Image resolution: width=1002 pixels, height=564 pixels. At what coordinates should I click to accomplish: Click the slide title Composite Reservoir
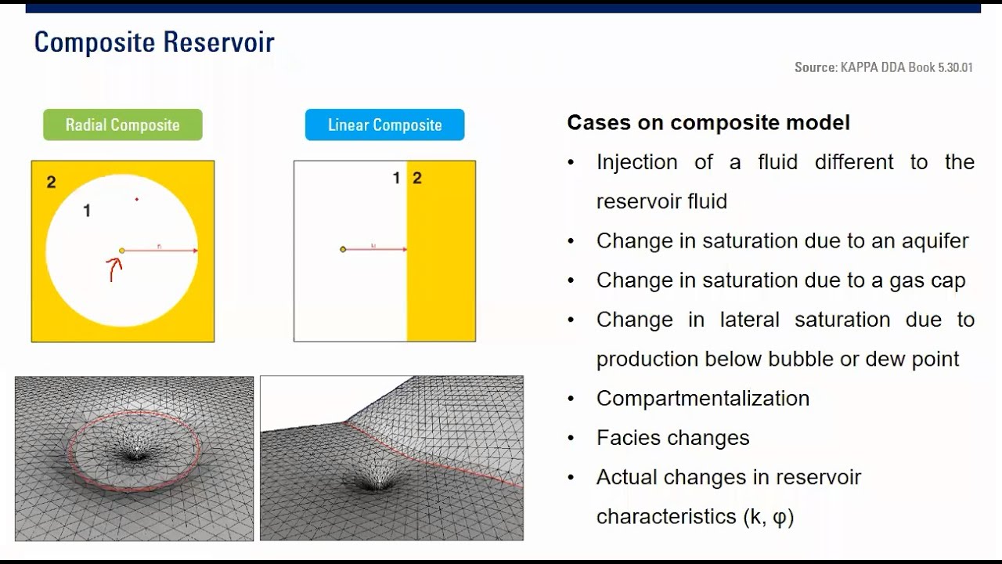click(154, 42)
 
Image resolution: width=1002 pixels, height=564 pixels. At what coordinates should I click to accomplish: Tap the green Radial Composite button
click(123, 125)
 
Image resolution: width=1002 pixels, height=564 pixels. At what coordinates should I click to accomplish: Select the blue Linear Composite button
click(384, 125)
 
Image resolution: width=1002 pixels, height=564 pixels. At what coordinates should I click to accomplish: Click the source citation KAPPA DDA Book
click(883, 67)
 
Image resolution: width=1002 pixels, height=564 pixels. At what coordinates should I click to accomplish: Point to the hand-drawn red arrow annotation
click(114, 269)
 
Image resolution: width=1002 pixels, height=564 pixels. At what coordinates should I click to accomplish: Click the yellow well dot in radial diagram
click(121, 251)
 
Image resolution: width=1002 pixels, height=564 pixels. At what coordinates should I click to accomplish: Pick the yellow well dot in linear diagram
click(343, 249)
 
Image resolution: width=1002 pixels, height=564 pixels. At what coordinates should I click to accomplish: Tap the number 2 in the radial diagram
click(51, 183)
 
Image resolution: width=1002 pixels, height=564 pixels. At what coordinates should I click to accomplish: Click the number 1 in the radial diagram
click(87, 210)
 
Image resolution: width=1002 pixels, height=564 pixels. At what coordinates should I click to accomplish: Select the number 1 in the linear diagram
click(396, 179)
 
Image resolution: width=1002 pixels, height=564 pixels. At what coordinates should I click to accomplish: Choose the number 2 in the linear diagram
click(417, 179)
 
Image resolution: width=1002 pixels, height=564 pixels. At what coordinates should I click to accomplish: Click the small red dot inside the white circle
click(136, 199)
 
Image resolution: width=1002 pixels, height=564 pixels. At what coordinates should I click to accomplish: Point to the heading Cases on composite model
click(708, 123)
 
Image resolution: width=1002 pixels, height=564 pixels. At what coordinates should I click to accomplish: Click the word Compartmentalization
click(702, 398)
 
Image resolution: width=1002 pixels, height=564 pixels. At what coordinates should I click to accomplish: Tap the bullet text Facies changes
click(672, 438)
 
